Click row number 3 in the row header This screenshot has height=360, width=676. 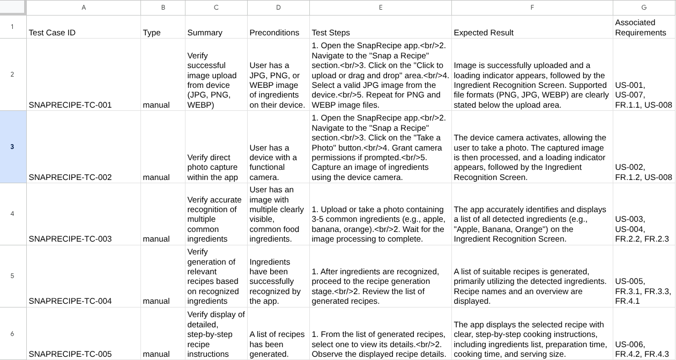[12, 147]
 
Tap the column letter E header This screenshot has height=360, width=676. [380, 7]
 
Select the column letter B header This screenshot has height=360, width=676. [162, 7]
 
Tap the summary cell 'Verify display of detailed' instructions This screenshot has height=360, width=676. [216, 334]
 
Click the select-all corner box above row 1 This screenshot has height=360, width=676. [12, 7]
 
